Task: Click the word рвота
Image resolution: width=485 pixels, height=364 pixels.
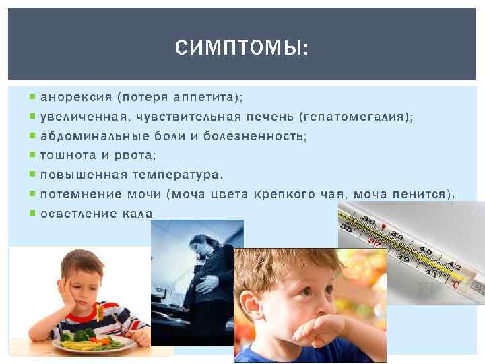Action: point(135,156)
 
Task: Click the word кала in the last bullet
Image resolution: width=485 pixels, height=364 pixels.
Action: point(137,214)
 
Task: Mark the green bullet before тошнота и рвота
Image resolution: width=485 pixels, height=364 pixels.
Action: point(34,156)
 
